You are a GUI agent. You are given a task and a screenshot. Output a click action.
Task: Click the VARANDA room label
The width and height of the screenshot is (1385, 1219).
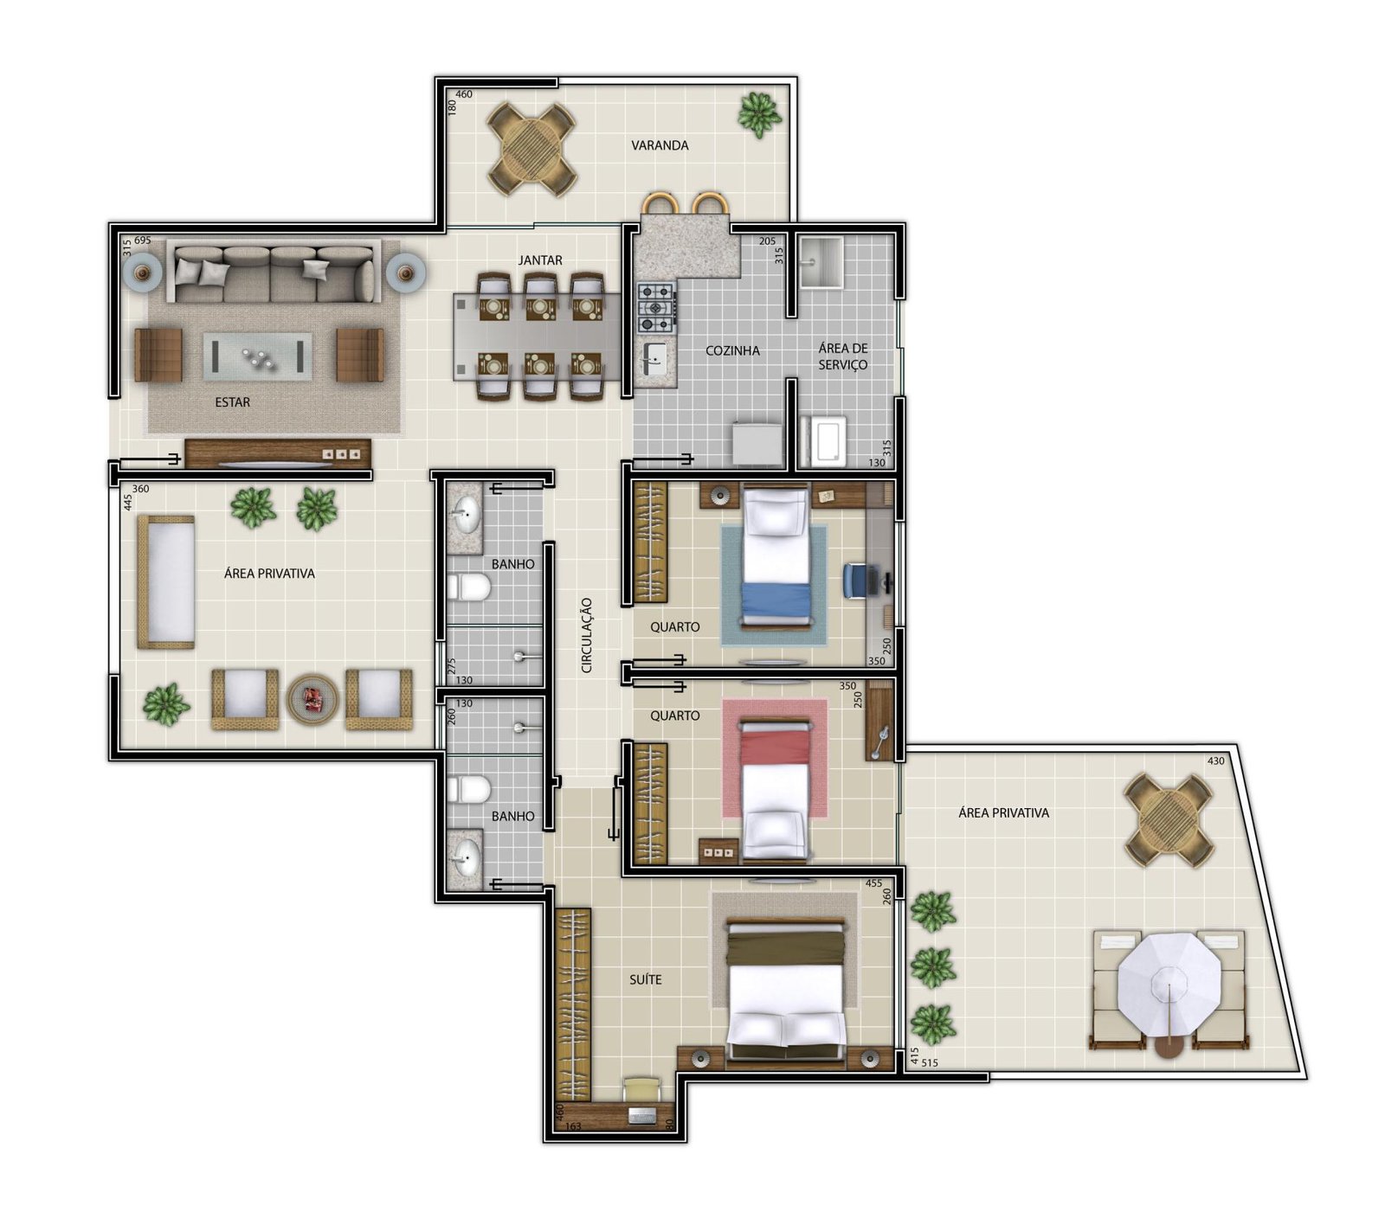click(x=660, y=145)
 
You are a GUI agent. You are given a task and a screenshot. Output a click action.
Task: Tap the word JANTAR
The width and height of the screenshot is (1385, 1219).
click(x=540, y=260)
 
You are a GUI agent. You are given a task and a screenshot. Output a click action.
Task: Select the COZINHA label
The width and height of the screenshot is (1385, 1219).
click(x=732, y=350)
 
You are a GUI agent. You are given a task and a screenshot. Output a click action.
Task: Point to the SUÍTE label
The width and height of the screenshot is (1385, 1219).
click(x=646, y=979)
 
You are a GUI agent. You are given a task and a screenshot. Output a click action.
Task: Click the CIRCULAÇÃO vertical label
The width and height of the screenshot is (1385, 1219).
click(x=586, y=635)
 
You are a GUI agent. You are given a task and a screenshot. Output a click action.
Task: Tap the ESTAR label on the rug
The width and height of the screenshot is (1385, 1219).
click(x=232, y=402)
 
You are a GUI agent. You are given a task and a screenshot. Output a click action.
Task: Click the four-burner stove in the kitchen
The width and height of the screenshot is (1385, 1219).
click(x=655, y=308)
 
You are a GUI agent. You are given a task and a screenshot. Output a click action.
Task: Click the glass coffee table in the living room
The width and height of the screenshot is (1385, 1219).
click(x=258, y=356)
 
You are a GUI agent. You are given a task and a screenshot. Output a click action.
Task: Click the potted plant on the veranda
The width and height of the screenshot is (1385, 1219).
click(x=759, y=113)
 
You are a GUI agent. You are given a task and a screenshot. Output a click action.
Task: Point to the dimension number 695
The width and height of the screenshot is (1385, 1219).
click(x=143, y=241)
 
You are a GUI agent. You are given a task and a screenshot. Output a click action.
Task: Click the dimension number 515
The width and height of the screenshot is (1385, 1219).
click(x=931, y=1063)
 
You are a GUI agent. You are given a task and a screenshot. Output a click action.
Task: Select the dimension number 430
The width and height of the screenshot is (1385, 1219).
click(x=1216, y=761)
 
